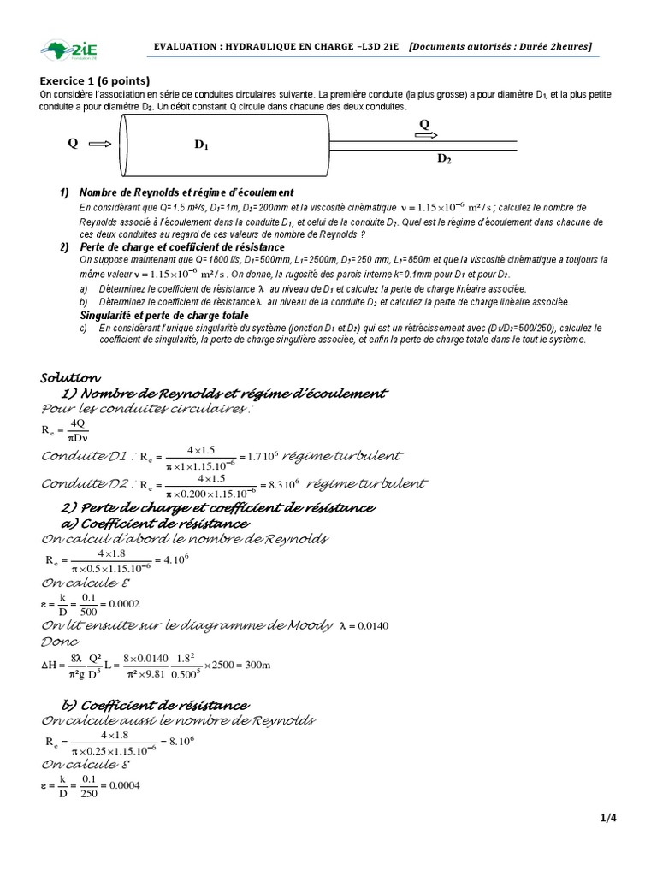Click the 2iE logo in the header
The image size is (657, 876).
point(69,50)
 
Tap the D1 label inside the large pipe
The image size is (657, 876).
point(202,145)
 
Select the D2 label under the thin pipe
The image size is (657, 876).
point(444,158)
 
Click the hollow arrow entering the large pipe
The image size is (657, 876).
point(99,144)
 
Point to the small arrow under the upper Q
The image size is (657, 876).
point(428,135)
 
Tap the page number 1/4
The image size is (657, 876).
point(608,818)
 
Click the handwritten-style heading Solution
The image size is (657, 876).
point(71,377)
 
